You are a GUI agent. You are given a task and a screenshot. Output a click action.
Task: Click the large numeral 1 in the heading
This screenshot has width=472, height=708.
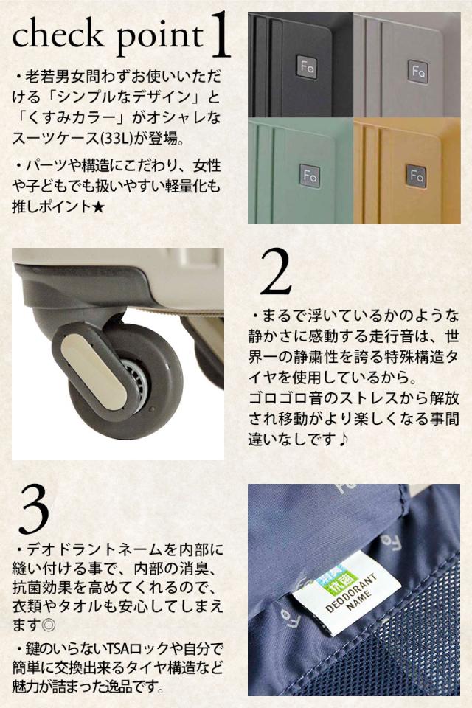click(221, 35)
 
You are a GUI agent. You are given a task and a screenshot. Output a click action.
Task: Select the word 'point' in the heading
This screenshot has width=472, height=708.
click(160, 38)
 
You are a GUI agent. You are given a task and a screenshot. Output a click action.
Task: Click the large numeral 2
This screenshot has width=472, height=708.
click(276, 272)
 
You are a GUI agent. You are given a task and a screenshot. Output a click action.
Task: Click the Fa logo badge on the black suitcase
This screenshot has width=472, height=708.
click(307, 67)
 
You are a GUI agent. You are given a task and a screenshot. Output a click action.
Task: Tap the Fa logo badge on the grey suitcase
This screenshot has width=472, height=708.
click(417, 71)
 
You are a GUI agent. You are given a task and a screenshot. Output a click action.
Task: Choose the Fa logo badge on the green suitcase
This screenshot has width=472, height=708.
click(310, 176)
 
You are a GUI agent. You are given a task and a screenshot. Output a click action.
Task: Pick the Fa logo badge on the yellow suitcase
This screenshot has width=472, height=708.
click(415, 175)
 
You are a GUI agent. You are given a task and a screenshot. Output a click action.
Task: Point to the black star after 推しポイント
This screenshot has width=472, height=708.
click(98, 207)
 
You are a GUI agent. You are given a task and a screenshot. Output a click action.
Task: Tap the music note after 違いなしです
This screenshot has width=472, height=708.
click(343, 438)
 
